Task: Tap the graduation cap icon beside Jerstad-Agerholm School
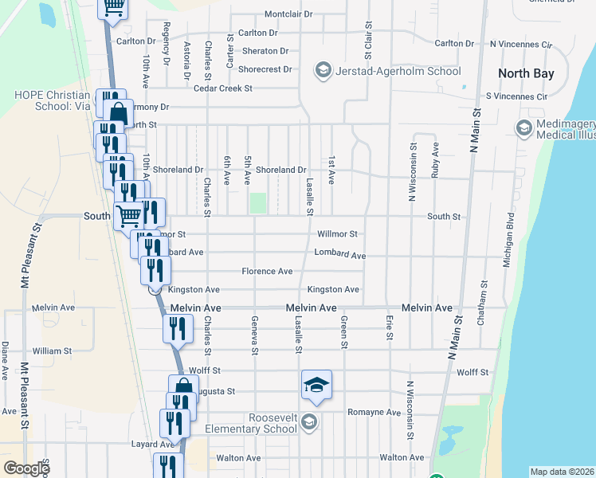tap(323, 71)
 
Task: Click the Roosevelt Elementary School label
tap(250, 422)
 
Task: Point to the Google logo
tap(26, 468)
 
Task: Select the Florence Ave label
tap(267, 272)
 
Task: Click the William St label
tap(52, 351)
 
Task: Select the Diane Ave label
tap(5, 360)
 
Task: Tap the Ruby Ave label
tap(435, 161)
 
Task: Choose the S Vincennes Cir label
tap(517, 96)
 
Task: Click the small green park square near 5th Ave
tap(257, 202)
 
